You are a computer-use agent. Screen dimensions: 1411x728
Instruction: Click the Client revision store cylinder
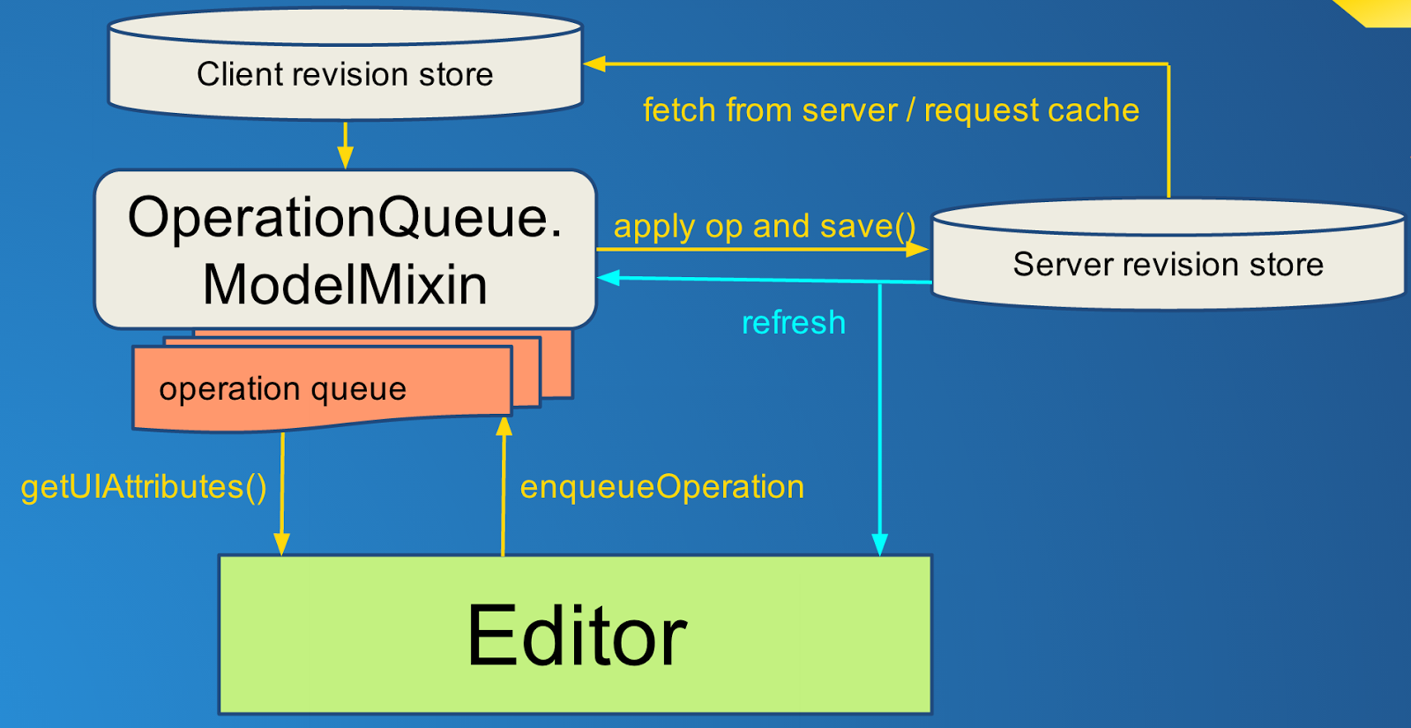345,63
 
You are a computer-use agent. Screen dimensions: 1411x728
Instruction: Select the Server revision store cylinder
1168,255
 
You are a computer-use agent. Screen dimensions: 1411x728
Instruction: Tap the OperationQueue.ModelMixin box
345,249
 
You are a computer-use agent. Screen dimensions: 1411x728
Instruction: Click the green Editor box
575,634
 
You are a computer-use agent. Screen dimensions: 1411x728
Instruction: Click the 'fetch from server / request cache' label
892,110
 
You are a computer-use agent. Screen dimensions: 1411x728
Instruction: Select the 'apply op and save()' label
765,226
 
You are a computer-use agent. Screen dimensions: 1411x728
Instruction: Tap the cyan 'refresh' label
794,323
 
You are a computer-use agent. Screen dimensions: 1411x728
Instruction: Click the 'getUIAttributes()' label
144,487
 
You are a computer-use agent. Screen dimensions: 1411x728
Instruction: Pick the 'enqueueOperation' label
662,487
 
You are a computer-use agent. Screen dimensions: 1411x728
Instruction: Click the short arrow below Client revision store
345,146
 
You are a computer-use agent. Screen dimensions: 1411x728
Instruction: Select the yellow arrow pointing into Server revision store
762,250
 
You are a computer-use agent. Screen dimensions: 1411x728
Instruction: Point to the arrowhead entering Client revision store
594,64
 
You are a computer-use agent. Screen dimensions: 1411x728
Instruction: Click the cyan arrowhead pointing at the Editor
879,544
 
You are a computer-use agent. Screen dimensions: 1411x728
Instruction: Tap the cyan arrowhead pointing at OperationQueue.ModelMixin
608,277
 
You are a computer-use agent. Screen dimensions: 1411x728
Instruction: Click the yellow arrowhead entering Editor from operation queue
281,544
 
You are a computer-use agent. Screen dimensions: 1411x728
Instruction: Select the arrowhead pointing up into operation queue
504,427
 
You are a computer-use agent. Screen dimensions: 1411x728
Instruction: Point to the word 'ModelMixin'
345,285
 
